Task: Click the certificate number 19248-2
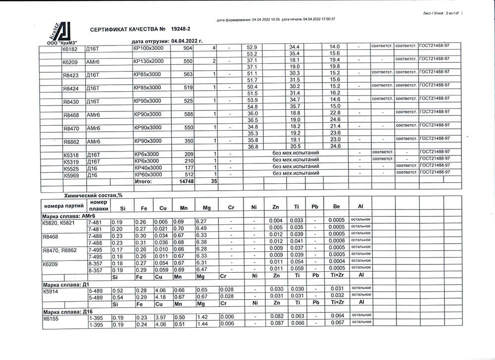tap(181, 30)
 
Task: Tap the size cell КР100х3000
tap(148, 48)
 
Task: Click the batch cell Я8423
tap(71, 76)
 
